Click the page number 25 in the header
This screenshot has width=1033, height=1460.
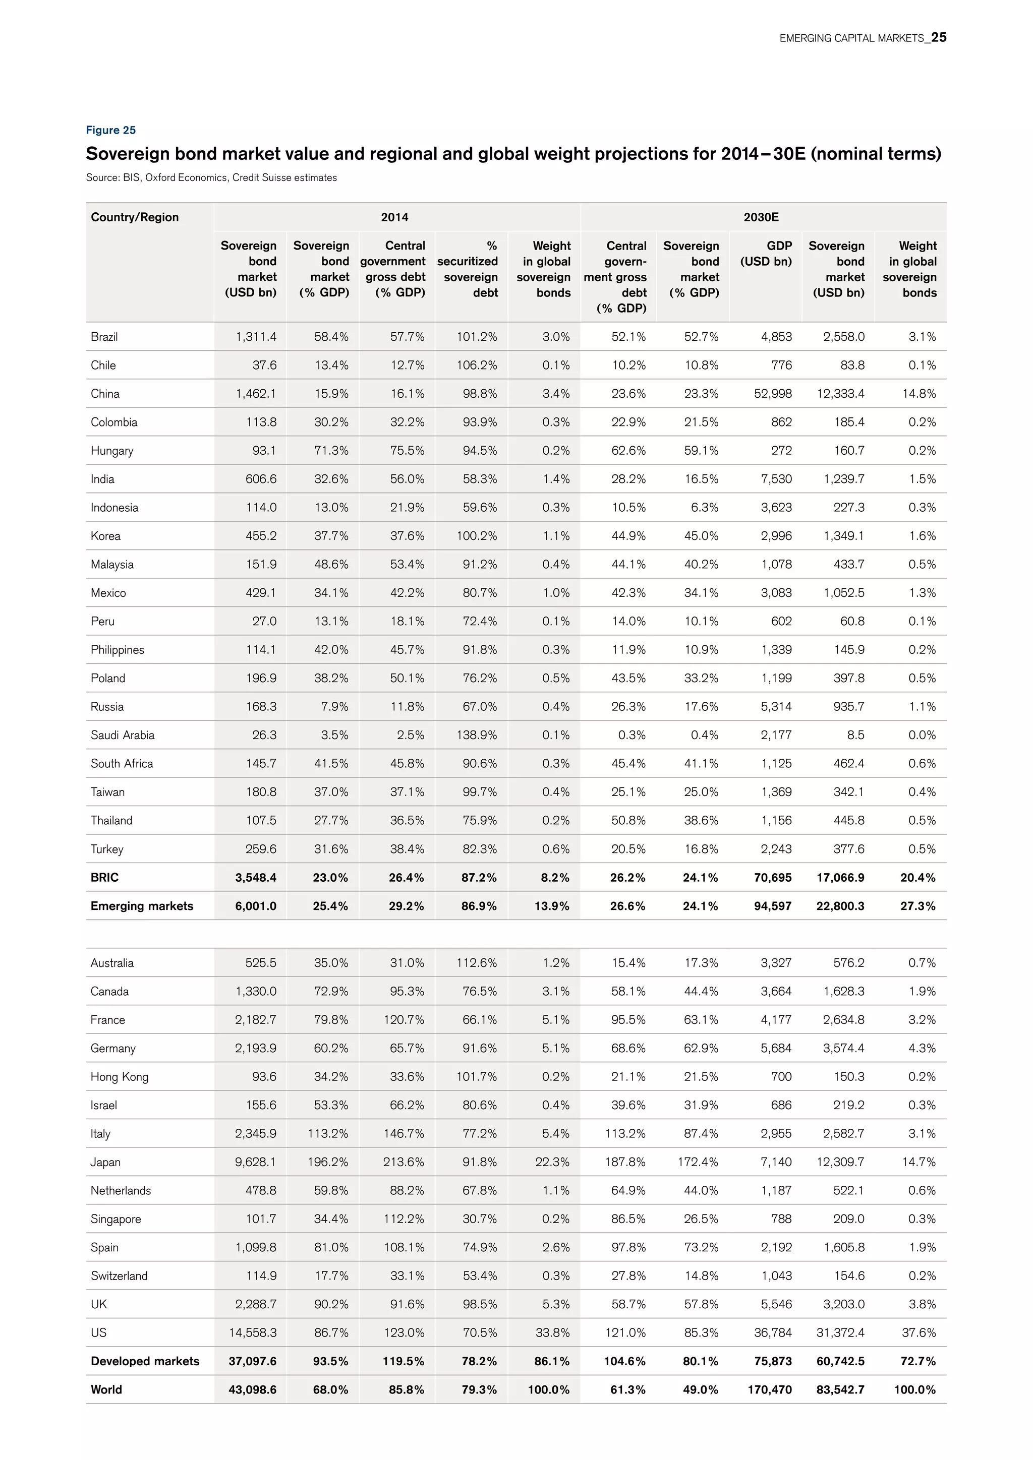(938, 37)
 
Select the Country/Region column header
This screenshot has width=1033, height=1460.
(135, 217)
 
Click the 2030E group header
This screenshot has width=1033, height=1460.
(761, 217)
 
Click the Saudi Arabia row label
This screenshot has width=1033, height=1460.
(122, 735)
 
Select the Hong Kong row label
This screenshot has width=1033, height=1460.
(119, 1076)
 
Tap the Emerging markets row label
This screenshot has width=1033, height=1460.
(141, 905)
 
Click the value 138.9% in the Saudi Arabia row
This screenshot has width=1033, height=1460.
(477, 735)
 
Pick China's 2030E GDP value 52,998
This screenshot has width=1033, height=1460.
(773, 394)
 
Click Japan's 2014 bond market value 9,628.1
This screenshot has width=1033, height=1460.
(255, 1162)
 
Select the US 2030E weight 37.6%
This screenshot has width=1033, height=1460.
(919, 1332)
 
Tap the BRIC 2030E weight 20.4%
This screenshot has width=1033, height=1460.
(917, 878)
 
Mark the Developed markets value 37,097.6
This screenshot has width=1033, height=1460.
(253, 1361)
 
